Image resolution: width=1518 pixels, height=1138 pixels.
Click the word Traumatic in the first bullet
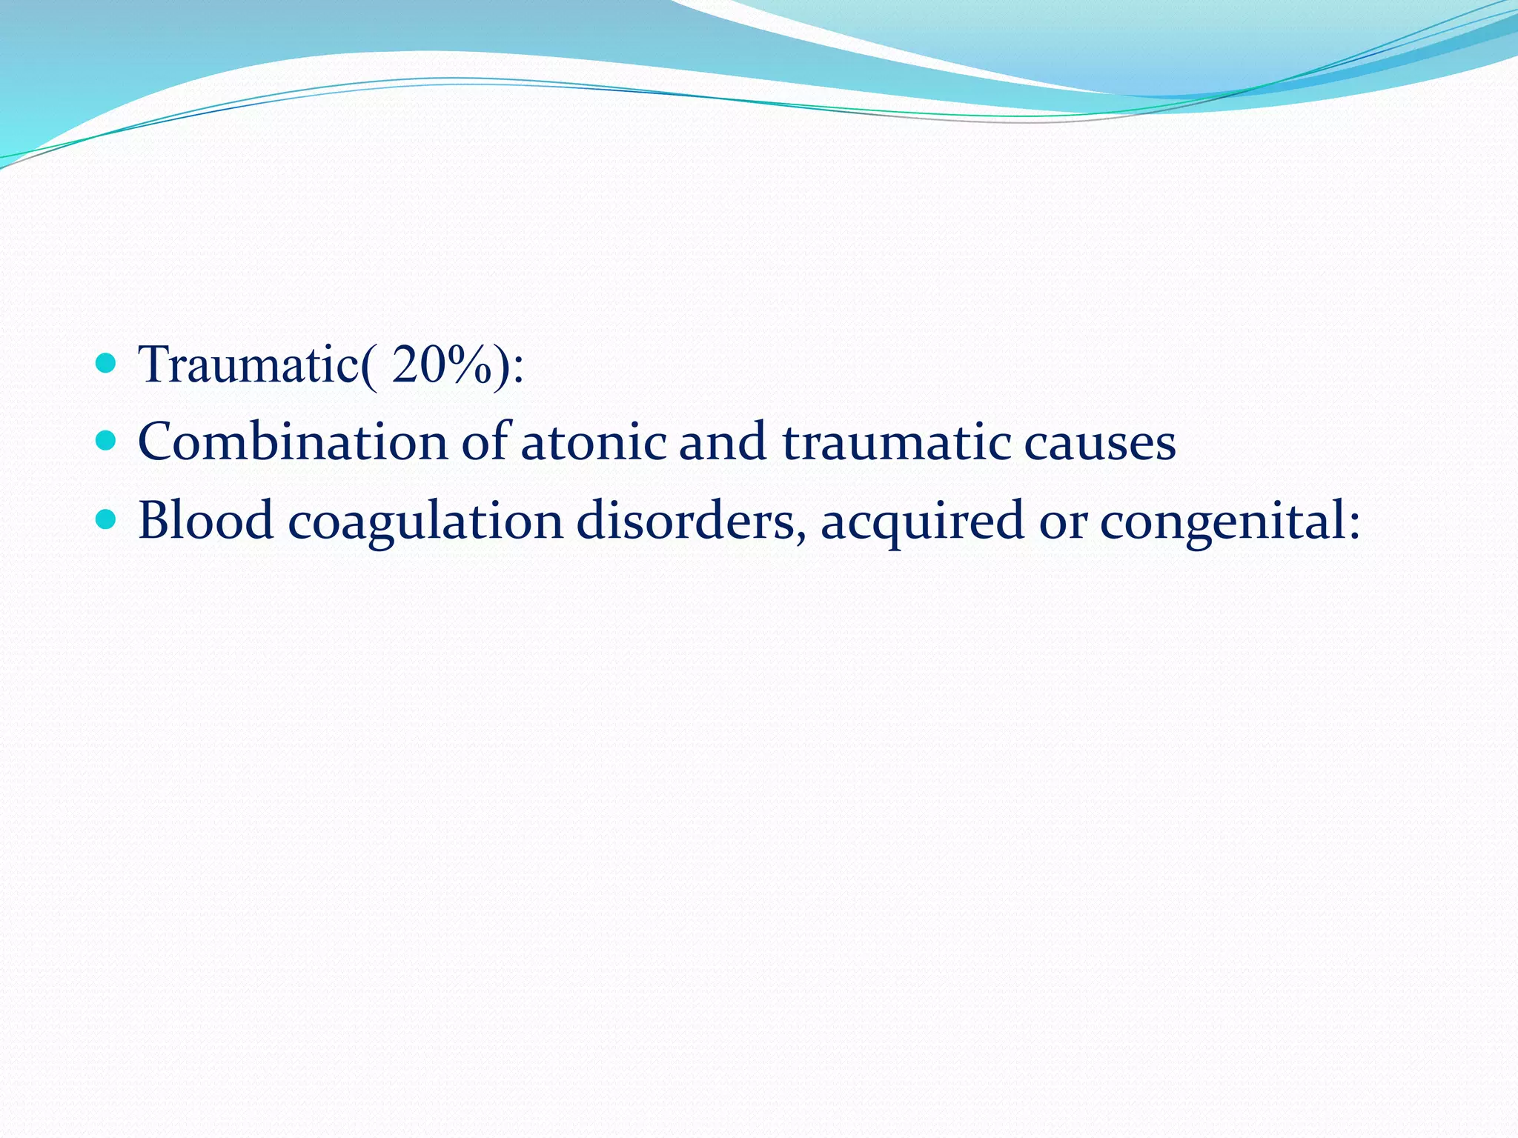tap(248, 365)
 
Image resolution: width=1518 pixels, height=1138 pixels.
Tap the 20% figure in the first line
tap(441, 365)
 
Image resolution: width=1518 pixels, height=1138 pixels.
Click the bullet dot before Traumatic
tap(107, 363)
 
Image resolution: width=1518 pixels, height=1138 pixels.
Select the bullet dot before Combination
tap(107, 441)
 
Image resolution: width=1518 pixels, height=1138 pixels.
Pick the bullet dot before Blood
tap(107, 519)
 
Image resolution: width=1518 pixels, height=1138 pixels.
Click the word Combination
tap(293, 442)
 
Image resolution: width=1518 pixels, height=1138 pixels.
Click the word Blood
tap(206, 520)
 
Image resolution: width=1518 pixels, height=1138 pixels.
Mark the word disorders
tap(684, 520)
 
